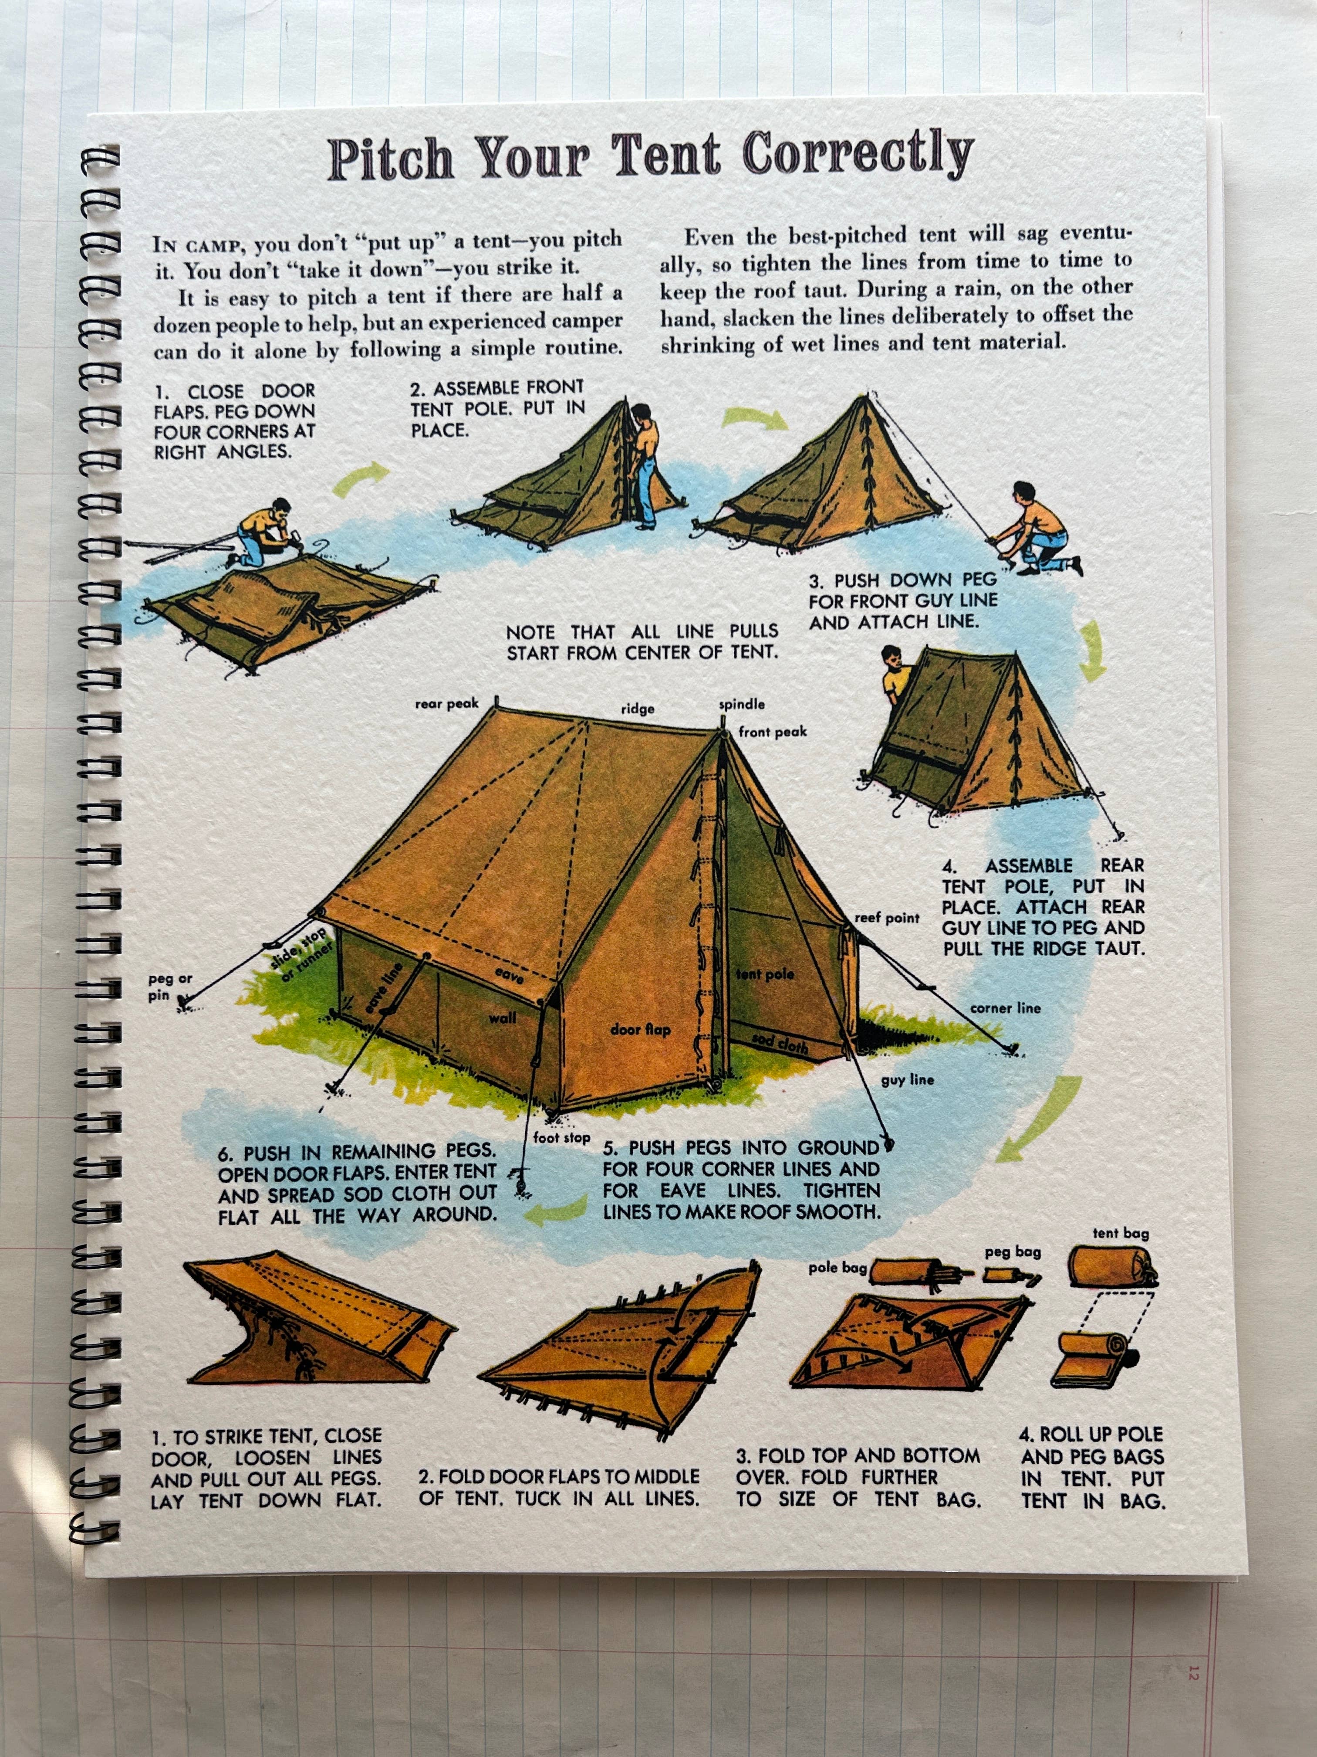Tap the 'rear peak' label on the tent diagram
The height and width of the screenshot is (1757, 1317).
click(x=447, y=704)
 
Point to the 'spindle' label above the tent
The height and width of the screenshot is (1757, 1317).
click(x=742, y=704)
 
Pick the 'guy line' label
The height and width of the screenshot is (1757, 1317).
click(x=907, y=1080)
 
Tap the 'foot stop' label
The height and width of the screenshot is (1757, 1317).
click(x=561, y=1137)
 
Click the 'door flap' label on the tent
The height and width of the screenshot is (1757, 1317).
click(x=640, y=1029)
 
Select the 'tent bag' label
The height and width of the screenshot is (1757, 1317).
click(x=1120, y=1234)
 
